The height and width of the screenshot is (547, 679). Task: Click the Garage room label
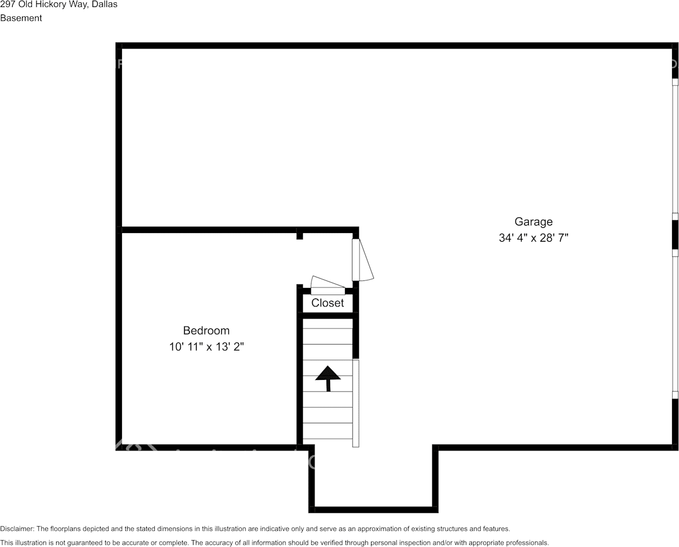(x=533, y=221)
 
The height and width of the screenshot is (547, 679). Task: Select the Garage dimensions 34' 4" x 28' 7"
(x=533, y=238)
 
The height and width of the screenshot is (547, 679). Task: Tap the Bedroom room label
(x=206, y=331)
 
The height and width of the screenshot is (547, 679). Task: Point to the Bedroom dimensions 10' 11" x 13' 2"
(x=206, y=347)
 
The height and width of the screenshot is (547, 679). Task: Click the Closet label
(x=328, y=303)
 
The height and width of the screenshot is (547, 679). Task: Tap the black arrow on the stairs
(x=328, y=377)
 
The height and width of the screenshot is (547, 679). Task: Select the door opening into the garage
(x=362, y=260)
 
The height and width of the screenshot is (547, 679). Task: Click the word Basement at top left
(x=21, y=18)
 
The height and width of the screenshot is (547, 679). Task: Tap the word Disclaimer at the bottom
(x=16, y=528)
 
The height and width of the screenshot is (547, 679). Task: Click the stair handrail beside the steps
(x=355, y=403)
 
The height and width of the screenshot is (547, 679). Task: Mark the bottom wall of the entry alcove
(x=373, y=509)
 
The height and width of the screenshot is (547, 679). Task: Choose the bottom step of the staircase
(x=328, y=431)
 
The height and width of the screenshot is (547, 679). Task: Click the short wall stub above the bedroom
(x=299, y=235)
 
